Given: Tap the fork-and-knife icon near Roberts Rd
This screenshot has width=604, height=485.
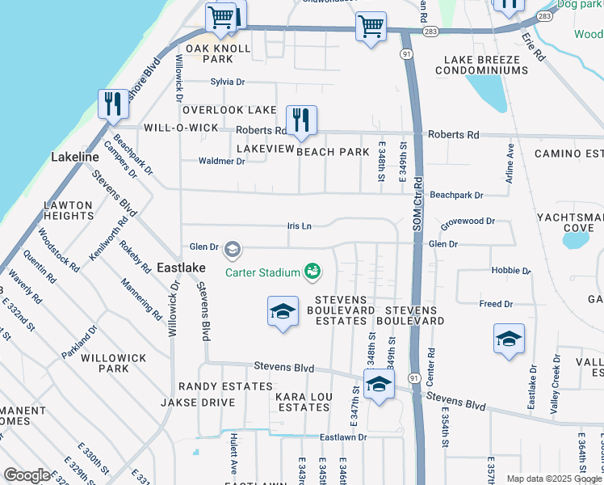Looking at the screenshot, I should coord(301,120).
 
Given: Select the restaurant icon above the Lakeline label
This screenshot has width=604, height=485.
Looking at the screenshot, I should coord(112,103).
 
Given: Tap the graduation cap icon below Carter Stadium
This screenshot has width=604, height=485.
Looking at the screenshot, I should coord(282,313).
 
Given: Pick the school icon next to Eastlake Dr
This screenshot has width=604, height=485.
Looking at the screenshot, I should coord(509,339).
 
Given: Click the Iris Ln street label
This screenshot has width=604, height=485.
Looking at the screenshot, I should coord(300,226).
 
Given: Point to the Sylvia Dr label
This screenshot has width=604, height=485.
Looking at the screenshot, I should coord(227,82).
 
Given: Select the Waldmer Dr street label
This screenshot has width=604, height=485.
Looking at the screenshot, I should coord(222,161).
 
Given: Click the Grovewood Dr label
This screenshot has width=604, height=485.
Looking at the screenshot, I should coord(467,221).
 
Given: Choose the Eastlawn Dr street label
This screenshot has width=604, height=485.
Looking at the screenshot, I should coord(342,437).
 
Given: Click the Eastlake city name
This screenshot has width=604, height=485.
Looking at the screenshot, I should coord(182,267).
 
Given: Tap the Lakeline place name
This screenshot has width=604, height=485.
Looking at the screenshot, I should coord(75,156).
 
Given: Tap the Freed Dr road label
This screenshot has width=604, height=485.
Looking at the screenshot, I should coord(496,304).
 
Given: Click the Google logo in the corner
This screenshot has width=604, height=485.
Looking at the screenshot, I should coord(27,475).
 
